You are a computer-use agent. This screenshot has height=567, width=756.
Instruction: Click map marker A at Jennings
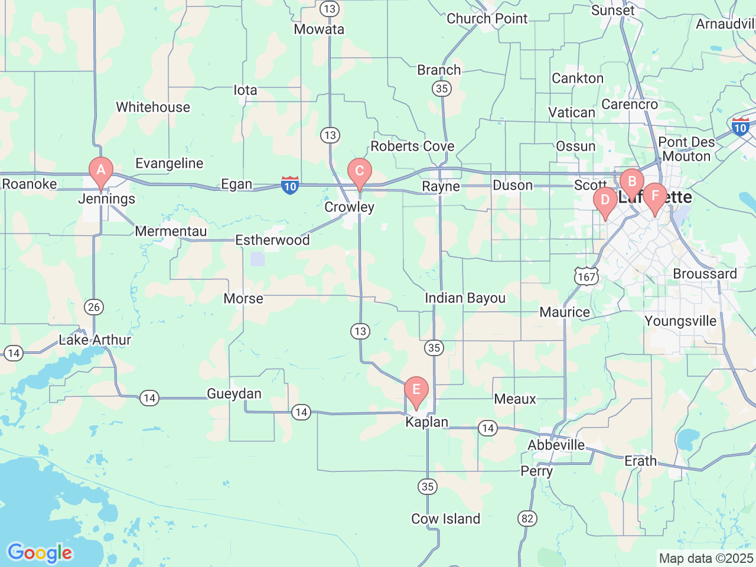[x=101, y=171]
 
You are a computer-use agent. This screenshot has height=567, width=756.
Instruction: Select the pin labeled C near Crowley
[x=359, y=172]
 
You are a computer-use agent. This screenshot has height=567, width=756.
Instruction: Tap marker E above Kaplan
[x=416, y=390]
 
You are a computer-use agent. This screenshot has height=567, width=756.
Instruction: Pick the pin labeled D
[x=605, y=200]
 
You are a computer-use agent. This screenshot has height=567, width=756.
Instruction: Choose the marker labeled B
[x=631, y=182]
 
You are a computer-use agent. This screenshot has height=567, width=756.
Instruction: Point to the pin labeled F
[x=654, y=197]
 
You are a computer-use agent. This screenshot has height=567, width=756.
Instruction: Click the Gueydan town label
[x=234, y=394]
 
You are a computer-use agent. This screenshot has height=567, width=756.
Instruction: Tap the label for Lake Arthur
[x=94, y=340]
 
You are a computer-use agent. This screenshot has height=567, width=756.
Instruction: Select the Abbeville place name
[x=556, y=445]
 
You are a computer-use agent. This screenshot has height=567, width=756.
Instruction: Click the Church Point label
[x=487, y=19]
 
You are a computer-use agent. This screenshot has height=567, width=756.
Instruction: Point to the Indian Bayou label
[x=465, y=298]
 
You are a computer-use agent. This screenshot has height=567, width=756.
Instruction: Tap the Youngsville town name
[x=680, y=321]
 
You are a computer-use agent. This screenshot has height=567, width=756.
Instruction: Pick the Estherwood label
[x=272, y=240]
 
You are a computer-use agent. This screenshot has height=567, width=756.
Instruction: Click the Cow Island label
[x=445, y=519]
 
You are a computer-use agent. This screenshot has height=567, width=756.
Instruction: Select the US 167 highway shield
[x=586, y=276]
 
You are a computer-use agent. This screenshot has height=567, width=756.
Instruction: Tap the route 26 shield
[x=93, y=307]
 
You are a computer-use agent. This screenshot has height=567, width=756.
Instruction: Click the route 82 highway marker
[x=527, y=519]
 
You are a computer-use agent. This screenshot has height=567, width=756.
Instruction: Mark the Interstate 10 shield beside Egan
[x=289, y=185]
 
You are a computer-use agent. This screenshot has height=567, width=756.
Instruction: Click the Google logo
[x=40, y=553]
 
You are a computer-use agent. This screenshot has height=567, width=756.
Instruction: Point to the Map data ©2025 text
[x=706, y=558]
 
